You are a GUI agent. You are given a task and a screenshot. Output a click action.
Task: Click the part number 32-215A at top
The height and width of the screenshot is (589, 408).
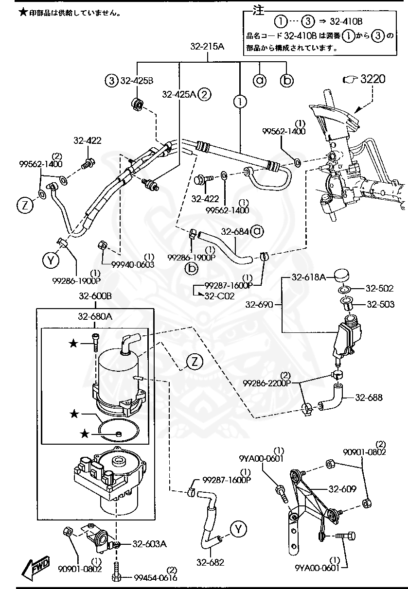tap(207, 47)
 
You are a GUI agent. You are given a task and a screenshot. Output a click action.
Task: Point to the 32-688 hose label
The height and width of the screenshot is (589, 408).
tap(369, 398)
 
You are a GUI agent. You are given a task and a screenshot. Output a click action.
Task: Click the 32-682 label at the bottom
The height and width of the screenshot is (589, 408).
tap(211, 563)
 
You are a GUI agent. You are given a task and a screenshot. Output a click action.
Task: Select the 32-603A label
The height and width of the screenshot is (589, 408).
tap(150, 544)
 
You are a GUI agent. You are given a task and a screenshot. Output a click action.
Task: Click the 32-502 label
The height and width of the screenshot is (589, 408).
tap(380, 288)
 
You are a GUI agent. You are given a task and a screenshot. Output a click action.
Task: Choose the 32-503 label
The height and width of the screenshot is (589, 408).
tap(380, 305)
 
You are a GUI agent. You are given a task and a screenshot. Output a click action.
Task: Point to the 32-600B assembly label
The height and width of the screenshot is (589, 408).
tap(95, 296)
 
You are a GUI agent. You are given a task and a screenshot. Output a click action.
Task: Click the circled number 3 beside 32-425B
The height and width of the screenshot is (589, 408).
tap(112, 80)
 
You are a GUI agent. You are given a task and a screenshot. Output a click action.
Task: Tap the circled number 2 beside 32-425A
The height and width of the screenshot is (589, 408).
tap(205, 94)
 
